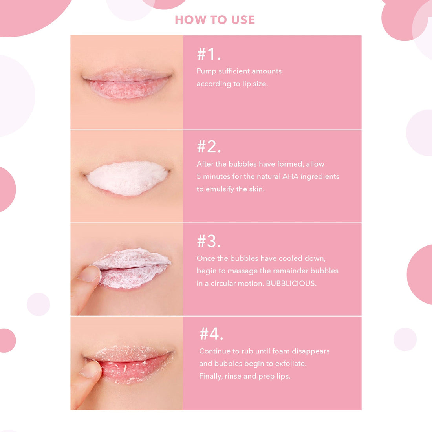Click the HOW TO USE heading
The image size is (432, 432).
(x=215, y=20)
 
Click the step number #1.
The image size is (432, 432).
(x=209, y=54)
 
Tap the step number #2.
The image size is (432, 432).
(x=209, y=147)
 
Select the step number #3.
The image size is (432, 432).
(x=209, y=241)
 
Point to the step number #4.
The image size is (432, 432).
(x=211, y=334)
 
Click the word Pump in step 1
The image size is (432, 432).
(x=206, y=71)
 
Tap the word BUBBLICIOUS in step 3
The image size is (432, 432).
(x=291, y=283)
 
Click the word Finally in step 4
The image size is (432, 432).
(x=211, y=376)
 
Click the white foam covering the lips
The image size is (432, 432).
(x=127, y=178)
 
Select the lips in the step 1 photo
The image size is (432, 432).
(x=127, y=83)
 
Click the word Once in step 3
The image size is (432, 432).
(x=206, y=258)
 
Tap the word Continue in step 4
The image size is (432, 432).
(x=214, y=351)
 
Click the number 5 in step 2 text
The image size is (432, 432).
(x=199, y=176)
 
